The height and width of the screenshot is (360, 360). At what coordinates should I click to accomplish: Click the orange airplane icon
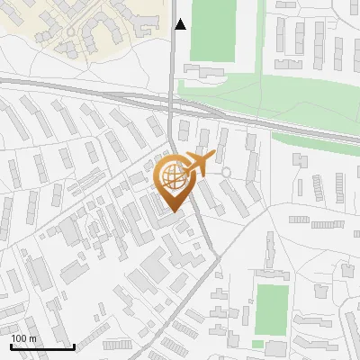click(x=199, y=165)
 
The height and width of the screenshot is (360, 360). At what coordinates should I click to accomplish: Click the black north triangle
click(x=181, y=24)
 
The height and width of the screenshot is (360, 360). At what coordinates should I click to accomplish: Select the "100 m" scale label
click(x=23, y=338)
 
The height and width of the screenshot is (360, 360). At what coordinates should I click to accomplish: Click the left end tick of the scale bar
click(x=10, y=346)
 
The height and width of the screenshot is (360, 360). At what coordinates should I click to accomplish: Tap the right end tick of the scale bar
click(x=74, y=346)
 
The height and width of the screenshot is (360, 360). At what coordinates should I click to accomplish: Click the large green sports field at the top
click(x=212, y=30)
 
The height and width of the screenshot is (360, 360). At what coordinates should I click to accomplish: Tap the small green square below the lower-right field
click(x=258, y=345)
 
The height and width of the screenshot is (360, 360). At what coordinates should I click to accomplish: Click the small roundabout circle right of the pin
click(x=227, y=172)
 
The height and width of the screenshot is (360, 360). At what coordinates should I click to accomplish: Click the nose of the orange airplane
click(x=214, y=158)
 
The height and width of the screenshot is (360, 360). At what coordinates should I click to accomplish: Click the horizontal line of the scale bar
click(x=41, y=346)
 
